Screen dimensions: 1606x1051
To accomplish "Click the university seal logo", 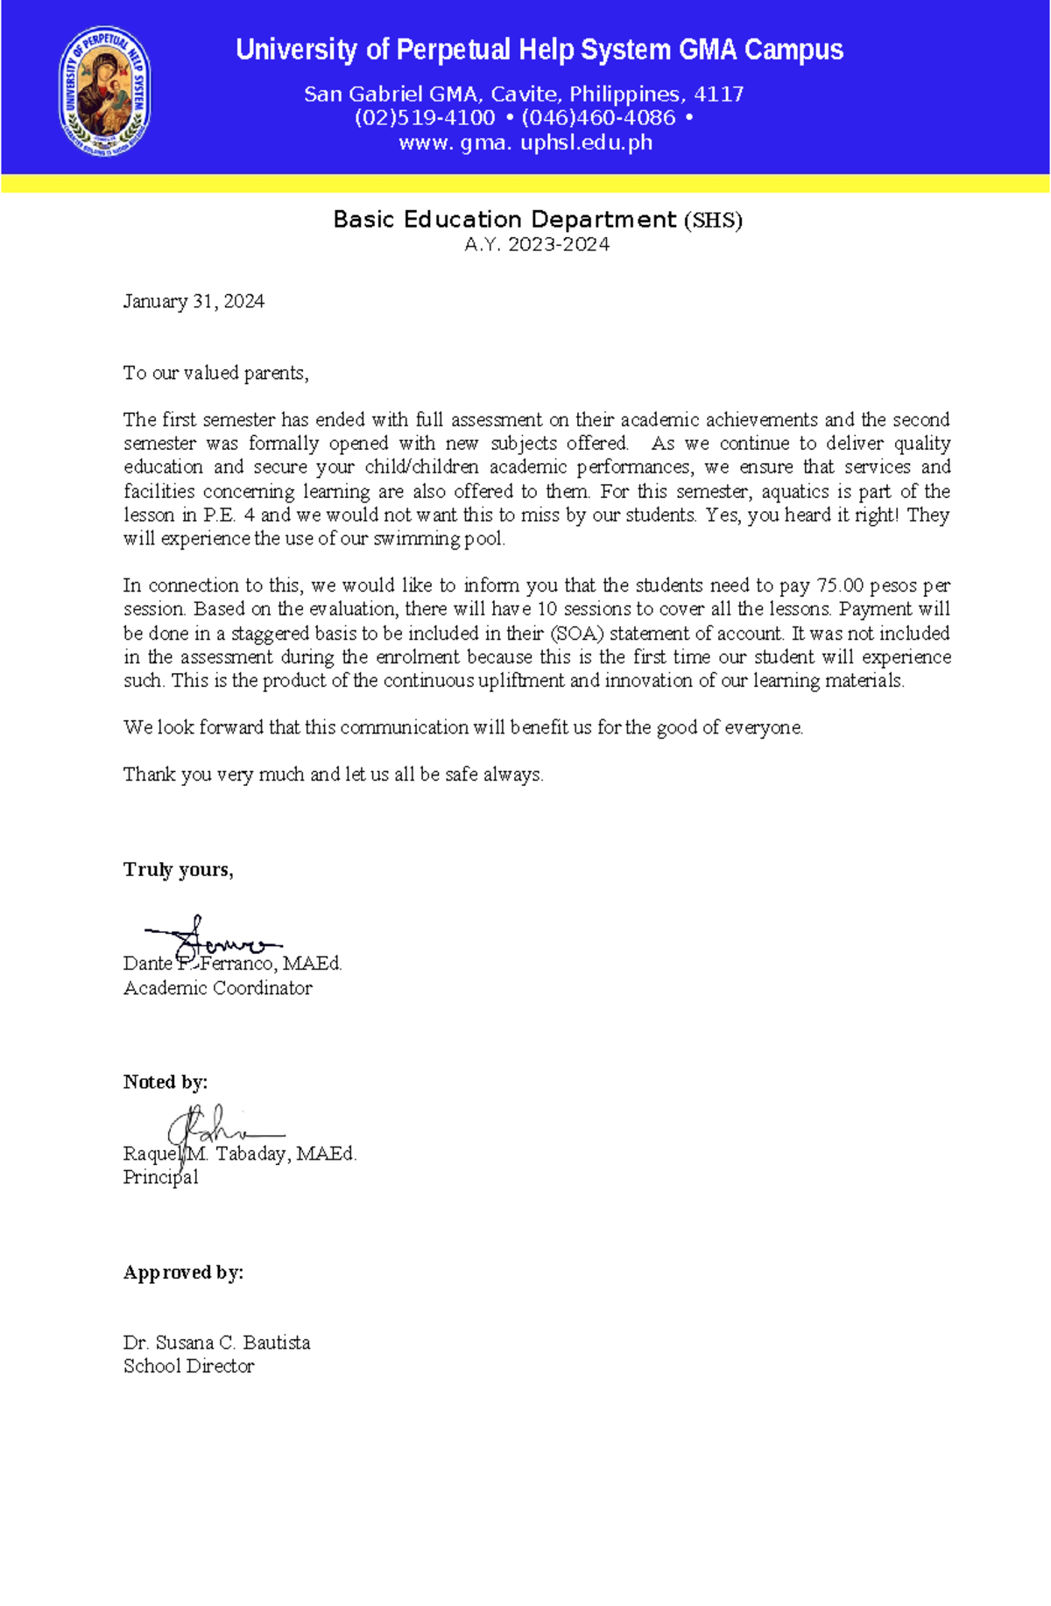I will (x=105, y=91).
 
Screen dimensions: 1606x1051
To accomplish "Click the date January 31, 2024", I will (x=194, y=302).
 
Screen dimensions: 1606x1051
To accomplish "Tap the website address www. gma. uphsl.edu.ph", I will (x=525, y=143).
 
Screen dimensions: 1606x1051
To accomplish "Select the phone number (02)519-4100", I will (x=425, y=118).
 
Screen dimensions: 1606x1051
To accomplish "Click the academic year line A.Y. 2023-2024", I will (x=537, y=245).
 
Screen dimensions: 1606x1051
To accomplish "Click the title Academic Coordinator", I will (x=217, y=988).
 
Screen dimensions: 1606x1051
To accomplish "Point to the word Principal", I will (x=160, y=1178).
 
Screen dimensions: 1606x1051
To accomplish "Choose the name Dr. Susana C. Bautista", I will (x=216, y=1343).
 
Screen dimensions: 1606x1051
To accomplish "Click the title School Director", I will (x=188, y=1366).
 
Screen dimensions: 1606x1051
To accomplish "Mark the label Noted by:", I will (x=165, y=1083).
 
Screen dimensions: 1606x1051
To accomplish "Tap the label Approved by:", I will (x=183, y=1273).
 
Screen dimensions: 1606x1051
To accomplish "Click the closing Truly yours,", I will (x=178, y=870).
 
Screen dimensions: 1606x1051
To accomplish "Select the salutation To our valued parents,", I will (x=215, y=374).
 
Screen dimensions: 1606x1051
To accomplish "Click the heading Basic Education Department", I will (x=504, y=220).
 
